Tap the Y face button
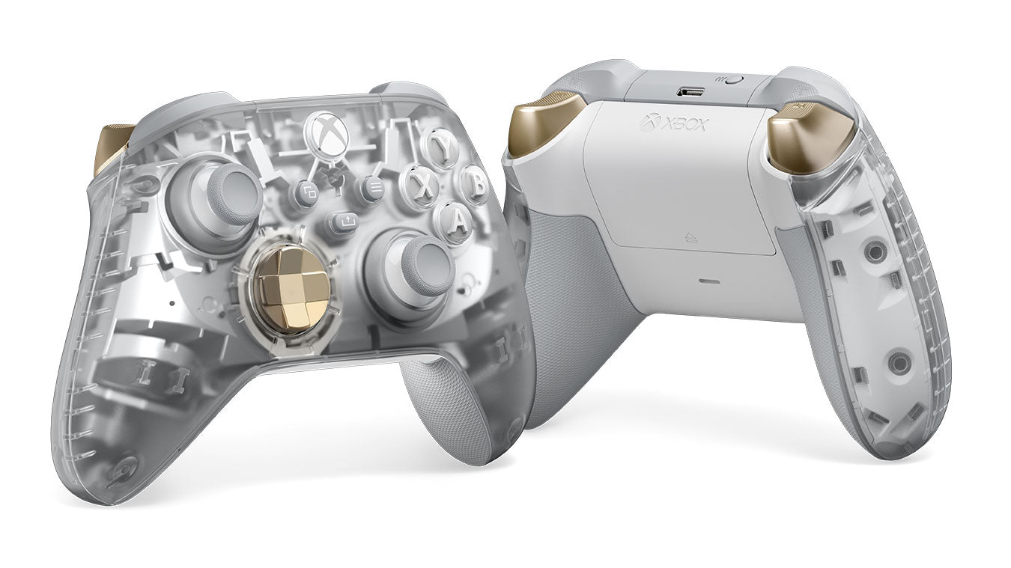pyautogui.click(x=441, y=147)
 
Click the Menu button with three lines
pyautogui.click(x=372, y=189)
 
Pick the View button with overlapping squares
pyautogui.click(x=305, y=193)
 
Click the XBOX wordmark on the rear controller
pyautogui.click(x=673, y=124)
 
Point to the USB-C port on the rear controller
pyautogui.click(x=690, y=91)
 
